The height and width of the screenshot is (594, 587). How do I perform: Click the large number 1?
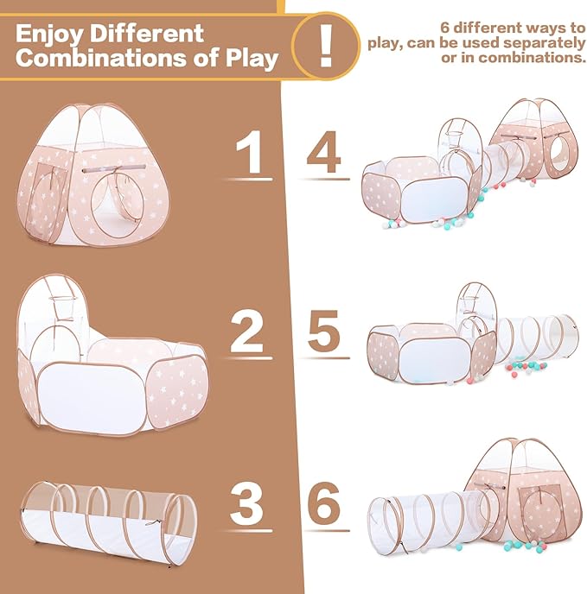[250, 152]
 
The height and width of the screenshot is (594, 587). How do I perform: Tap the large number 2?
[246, 332]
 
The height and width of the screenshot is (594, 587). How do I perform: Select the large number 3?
[246, 504]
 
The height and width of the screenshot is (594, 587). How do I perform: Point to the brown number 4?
[323, 152]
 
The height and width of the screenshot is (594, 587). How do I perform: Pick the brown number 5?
[323, 331]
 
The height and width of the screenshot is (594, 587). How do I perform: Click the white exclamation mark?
[326, 46]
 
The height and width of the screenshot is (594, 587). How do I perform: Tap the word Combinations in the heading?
[101, 58]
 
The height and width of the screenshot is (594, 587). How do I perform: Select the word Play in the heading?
[252, 60]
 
